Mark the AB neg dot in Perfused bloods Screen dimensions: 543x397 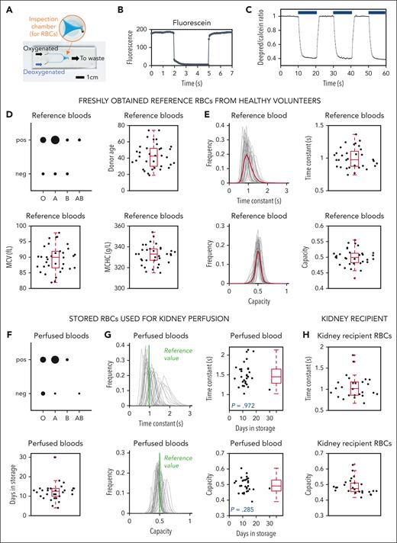(x=79, y=393)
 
